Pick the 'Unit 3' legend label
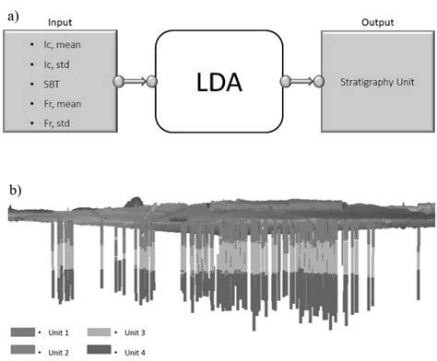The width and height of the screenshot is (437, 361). click(137, 332)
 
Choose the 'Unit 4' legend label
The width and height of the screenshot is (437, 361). click(137, 351)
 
